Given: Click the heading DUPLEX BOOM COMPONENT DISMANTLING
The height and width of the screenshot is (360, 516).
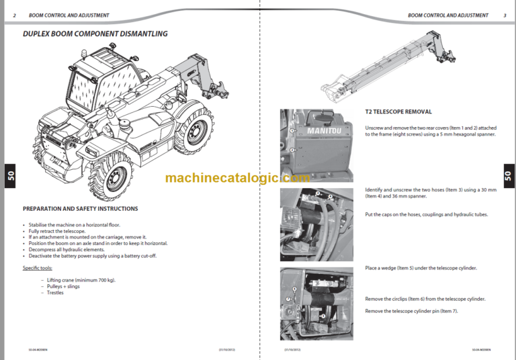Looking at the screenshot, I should click(x=95, y=34).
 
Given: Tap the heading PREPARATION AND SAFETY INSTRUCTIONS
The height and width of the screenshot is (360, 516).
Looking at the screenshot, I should click(x=80, y=209).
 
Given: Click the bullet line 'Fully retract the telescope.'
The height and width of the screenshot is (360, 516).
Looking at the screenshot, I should click(x=61, y=230).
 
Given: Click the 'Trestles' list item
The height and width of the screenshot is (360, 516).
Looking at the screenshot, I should click(x=55, y=292).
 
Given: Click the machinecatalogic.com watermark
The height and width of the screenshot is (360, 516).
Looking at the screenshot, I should click(x=237, y=178).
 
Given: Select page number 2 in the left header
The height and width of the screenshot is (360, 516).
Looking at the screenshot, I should click(x=14, y=15).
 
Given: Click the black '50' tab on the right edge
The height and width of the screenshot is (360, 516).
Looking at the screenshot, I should click(x=507, y=177).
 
